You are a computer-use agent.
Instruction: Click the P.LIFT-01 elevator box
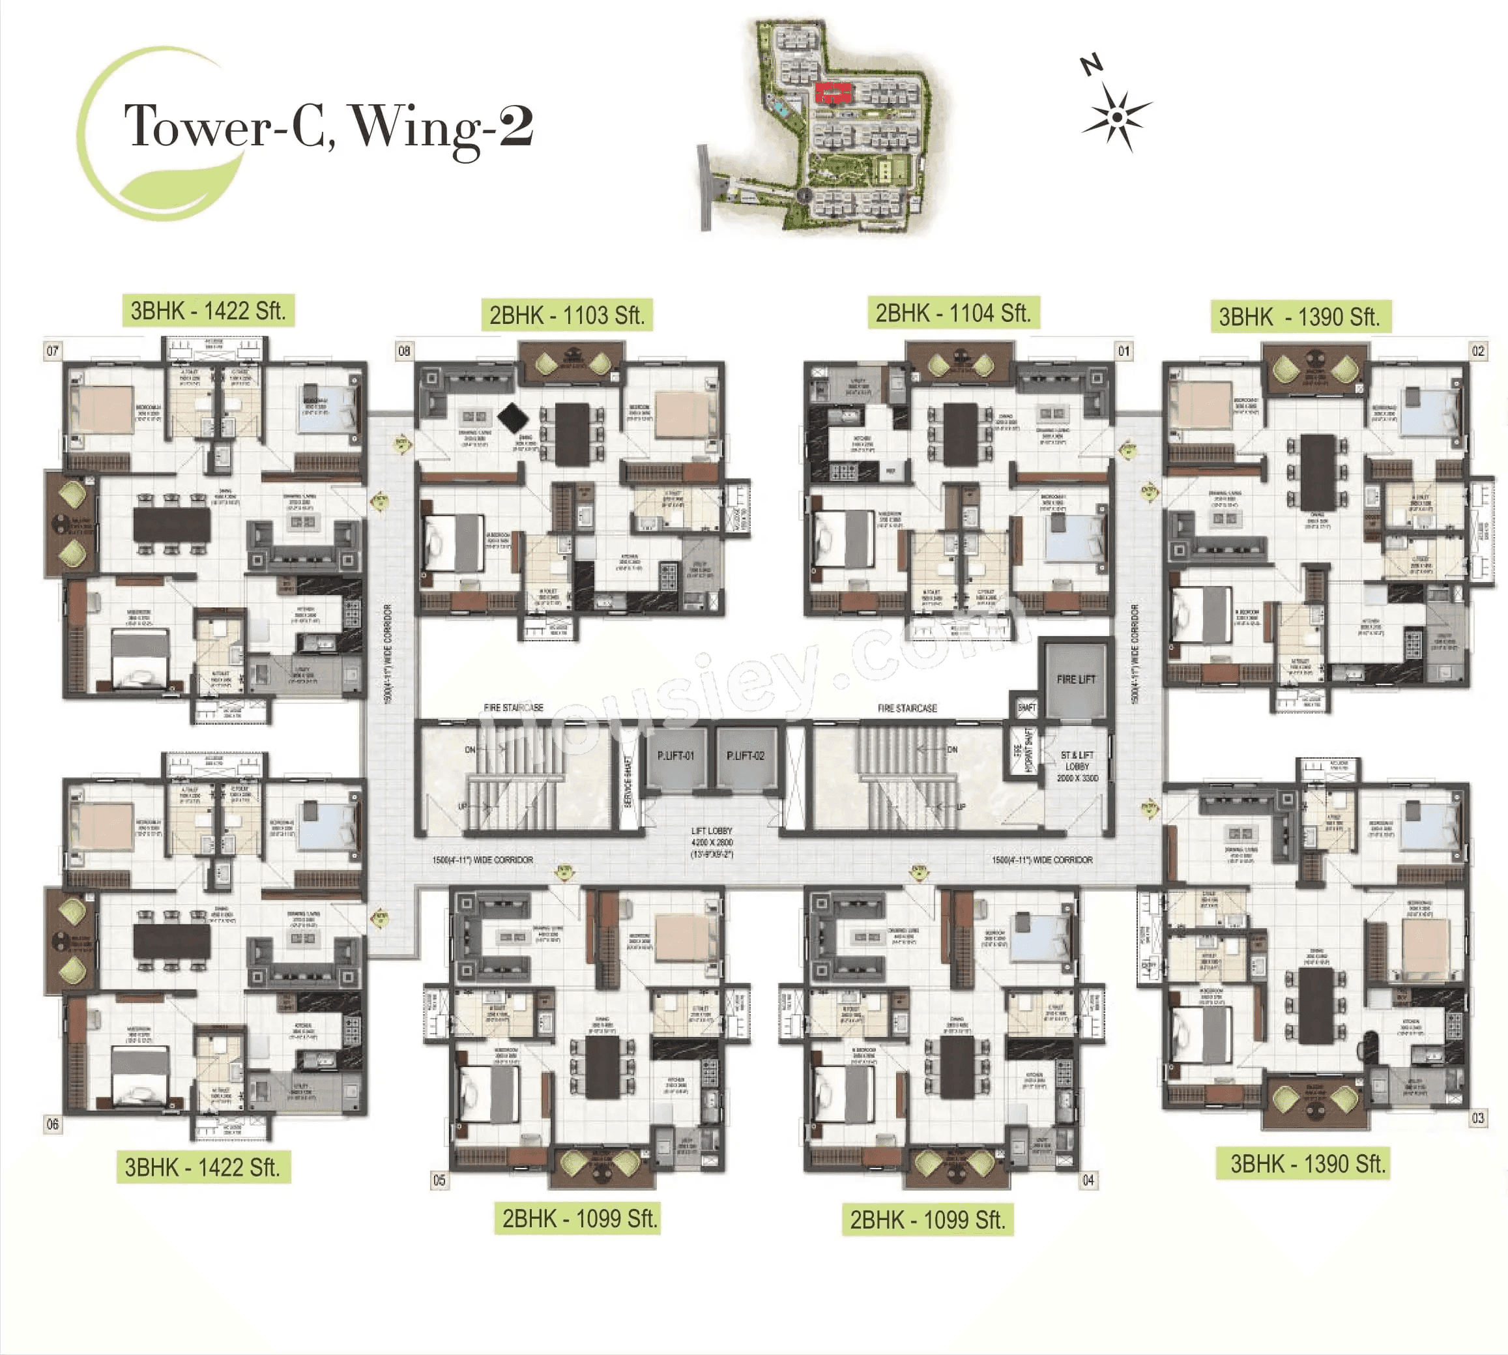click(675, 757)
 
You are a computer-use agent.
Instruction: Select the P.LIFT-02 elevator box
click(745, 757)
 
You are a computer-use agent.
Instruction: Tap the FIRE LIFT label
click(1075, 679)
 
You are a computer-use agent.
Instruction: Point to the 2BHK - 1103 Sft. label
click(566, 315)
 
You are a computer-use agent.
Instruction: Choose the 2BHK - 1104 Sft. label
click(953, 313)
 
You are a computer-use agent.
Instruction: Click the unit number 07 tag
click(52, 351)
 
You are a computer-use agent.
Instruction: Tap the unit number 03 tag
click(1477, 1118)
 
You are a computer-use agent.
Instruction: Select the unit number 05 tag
click(439, 1180)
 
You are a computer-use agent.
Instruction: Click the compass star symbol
click(1116, 117)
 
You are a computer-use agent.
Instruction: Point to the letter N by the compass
click(1091, 66)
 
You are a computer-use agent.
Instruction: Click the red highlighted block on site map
click(832, 93)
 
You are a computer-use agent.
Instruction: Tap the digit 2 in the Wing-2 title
click(515, 126)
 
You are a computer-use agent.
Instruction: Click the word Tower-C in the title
click(224, 126)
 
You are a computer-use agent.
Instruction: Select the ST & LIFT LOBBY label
click(1077, 766)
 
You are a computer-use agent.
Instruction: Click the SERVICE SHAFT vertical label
click(627, 781)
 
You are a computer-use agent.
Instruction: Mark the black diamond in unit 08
click(512, 418)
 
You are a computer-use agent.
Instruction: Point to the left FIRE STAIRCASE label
click(514, 707)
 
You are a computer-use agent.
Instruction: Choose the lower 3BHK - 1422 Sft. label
click(203, 1167)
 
